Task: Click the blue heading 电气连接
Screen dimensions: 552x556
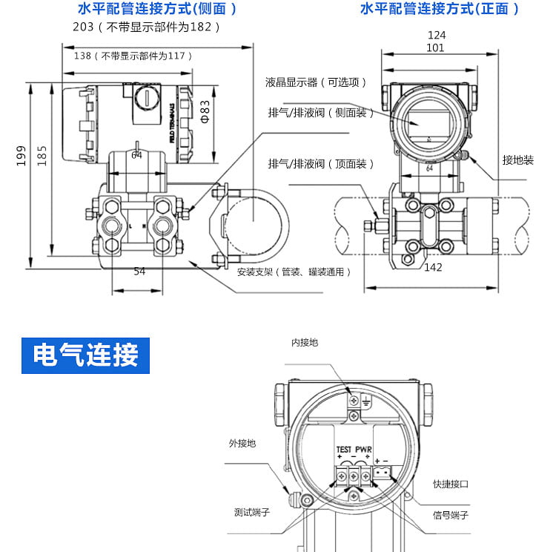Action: click(86, 356)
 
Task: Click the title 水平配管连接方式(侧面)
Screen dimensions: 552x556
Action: click(157, 10)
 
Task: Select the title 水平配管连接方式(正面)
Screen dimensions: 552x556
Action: click(440, 10)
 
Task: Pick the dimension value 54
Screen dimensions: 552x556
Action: click(139, 272)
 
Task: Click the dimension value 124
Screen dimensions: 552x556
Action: click(437, 35)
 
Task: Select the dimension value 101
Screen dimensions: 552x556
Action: click(436, 47)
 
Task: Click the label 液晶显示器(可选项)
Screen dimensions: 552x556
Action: click(317, 82)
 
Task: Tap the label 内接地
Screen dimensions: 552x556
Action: click(304, 342)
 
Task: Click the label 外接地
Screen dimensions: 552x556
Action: click(242, 443)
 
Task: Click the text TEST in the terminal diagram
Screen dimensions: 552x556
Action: click(344, 450)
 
